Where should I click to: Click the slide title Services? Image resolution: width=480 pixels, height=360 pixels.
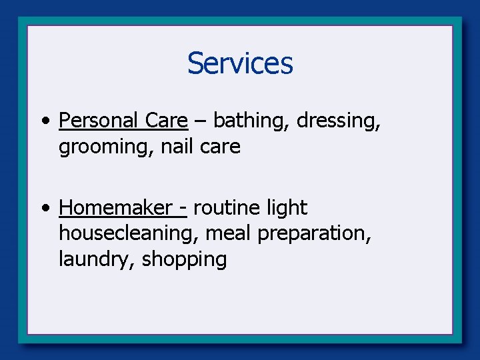pos(240,63)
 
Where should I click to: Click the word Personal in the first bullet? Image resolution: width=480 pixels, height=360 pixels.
pos(98,120)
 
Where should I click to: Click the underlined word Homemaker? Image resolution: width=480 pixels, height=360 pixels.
pos(115,208)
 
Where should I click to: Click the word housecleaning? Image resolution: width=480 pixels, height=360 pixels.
pos(129,233)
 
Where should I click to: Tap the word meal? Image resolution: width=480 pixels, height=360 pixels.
pos(229,233)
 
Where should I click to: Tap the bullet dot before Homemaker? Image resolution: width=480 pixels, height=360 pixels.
pos(44,209)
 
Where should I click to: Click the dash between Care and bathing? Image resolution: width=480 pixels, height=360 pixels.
pos(201,121)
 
